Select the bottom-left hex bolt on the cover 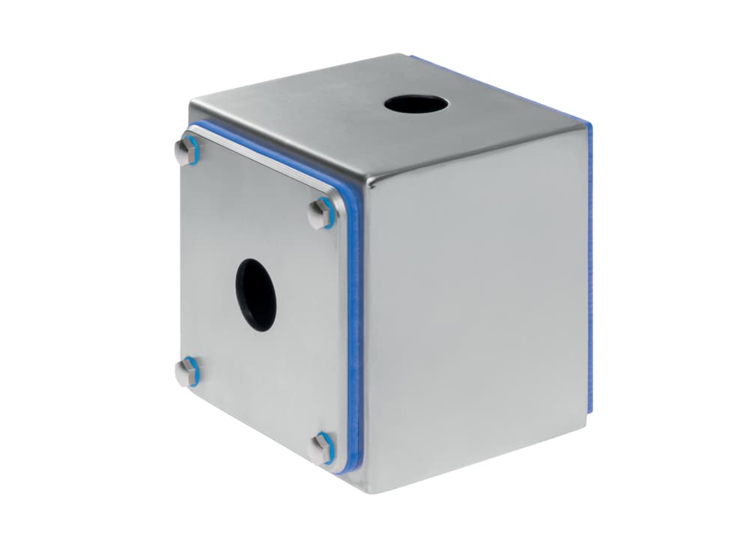click(x=188, y=371)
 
